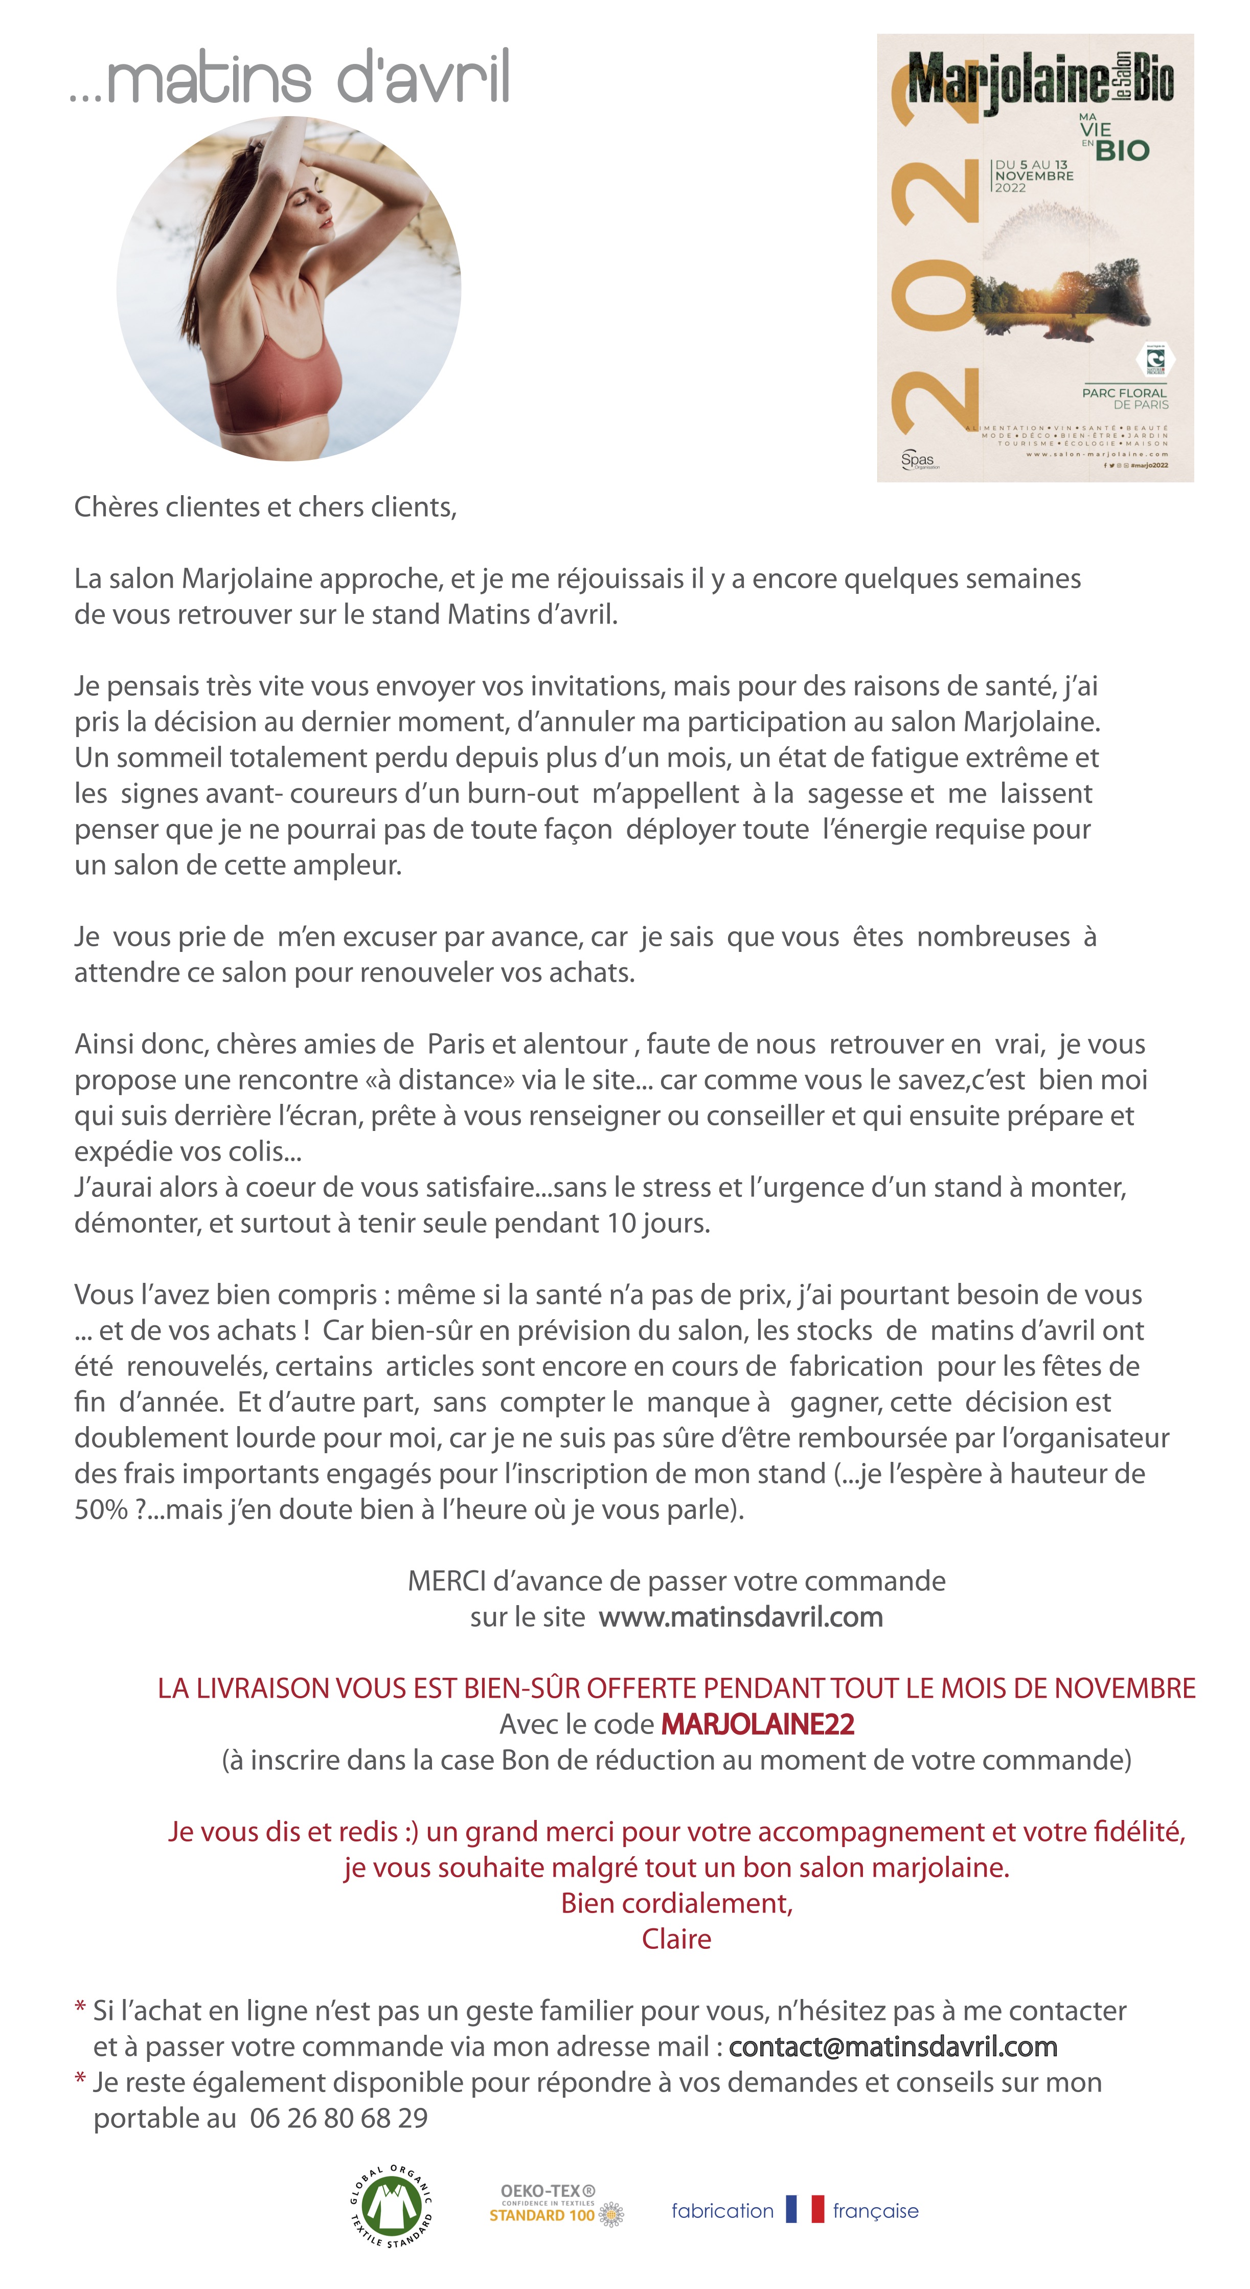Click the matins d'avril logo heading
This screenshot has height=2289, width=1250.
click(x=290, y=78)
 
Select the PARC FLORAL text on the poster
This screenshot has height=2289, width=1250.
click(x=1124, y=393)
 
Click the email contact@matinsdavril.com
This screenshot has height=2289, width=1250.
click(x=893, y=2047)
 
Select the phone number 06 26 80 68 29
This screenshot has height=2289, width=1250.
click(x=338, y=2118)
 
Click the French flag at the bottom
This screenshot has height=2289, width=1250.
click(x=804, y=2210)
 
